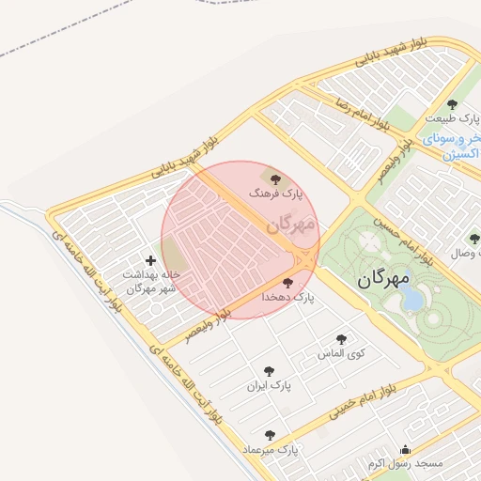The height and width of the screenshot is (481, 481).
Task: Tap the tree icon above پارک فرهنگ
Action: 274,177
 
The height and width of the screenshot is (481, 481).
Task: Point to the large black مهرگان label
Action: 385,279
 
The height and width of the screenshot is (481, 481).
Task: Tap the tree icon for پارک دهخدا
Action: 287,282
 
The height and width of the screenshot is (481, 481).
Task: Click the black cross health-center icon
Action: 150,260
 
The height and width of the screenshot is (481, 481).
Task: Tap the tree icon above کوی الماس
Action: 341,339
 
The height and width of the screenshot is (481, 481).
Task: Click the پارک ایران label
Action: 270,385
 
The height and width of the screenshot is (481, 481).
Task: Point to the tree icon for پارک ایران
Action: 270,371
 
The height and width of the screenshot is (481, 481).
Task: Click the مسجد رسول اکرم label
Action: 405,464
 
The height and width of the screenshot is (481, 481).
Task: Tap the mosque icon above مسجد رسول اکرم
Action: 405,449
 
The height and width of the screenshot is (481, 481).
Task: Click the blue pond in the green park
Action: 411,298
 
